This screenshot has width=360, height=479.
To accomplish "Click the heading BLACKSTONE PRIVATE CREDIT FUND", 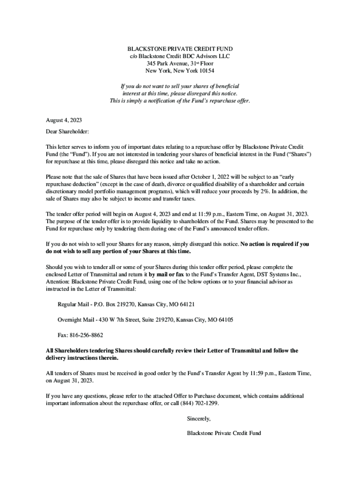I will click(x=180, y=49).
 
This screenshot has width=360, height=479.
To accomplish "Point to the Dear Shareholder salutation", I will click(x=67, y=132).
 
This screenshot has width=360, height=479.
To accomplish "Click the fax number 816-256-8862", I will click(x=86, y=335).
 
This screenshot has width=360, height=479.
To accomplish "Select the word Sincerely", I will click(x=199, y=418).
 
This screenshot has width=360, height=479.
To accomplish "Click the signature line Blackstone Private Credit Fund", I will click(x=223, y=433).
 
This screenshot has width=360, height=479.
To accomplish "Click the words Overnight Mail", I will click(x=75, y=319).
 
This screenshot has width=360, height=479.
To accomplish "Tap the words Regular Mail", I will click(x=72, y=304).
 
